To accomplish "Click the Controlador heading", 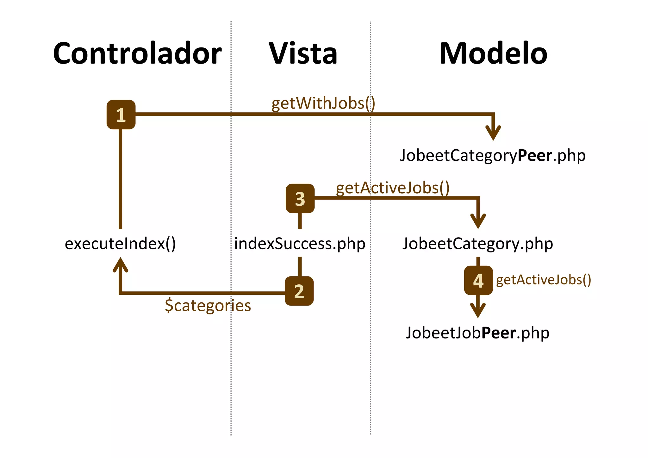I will pyautogui.click(x=137, y=53).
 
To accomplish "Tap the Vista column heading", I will pyautogui.click(x=303, y=53).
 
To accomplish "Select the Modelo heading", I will pyautogui.click(x=493, y=53).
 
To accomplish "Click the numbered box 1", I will pyautogui.click(x=121, y=114).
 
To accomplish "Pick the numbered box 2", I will pyautogui.click(x=299, y=291).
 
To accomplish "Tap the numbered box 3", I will pyautogui.click(x=300, y=198).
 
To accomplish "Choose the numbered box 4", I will pyautogui.click(x=478, y=280).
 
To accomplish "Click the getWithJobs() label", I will pyautogui.click(x=323, y=103).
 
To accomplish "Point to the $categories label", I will pyautogui.click(x=208, y=306).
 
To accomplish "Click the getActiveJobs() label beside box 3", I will pyautogui.click(x=392, y=188).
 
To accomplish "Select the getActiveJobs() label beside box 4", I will pyautogui.click(x=543, y=280).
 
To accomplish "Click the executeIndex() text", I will pyautogui.click(x=120, y=244).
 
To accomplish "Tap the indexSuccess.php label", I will pyautogui.click(x=300, y=244).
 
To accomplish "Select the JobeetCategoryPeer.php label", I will pyautogui.click(x=493, y=155).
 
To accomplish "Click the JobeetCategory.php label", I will pyautogui.click(x=477, y=244).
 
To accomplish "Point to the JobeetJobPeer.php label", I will pyautogui.click(x=477, y=333).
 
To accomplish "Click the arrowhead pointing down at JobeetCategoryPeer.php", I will pyautogui.click(x=493, y=133).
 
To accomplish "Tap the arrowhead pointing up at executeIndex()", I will pyautogui.click(x=120, y=265).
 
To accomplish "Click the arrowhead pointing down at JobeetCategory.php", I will pyautogui.click(x=478, y=221).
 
